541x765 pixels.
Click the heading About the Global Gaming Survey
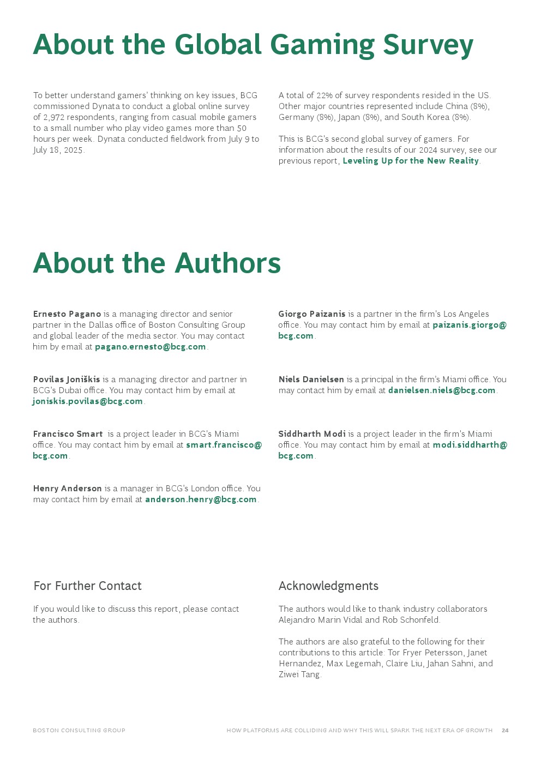(253, 45)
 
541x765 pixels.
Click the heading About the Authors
(157, 263)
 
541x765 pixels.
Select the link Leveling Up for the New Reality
(411, 161)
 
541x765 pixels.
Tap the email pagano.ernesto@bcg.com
(151, 347)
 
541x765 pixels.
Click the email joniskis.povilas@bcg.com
(88, 401)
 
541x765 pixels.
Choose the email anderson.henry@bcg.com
(201, 499)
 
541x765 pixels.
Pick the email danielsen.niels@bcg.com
(442, 390)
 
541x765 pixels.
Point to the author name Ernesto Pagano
(67, 314)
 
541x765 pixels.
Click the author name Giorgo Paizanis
(312, 314)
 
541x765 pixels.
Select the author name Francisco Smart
(68, 434)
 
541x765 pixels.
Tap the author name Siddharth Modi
(312, 434)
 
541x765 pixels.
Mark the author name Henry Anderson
(68, 489)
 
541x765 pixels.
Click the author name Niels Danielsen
(311, 380)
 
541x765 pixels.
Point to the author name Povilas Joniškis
(67, 380)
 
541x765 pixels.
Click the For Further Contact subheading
(88, 586)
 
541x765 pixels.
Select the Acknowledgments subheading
(328, 586)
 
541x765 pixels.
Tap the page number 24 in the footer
(505, 731)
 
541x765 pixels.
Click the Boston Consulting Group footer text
(79, 731)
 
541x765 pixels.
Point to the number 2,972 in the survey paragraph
(54, 117)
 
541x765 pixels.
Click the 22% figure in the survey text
(324, 95)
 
